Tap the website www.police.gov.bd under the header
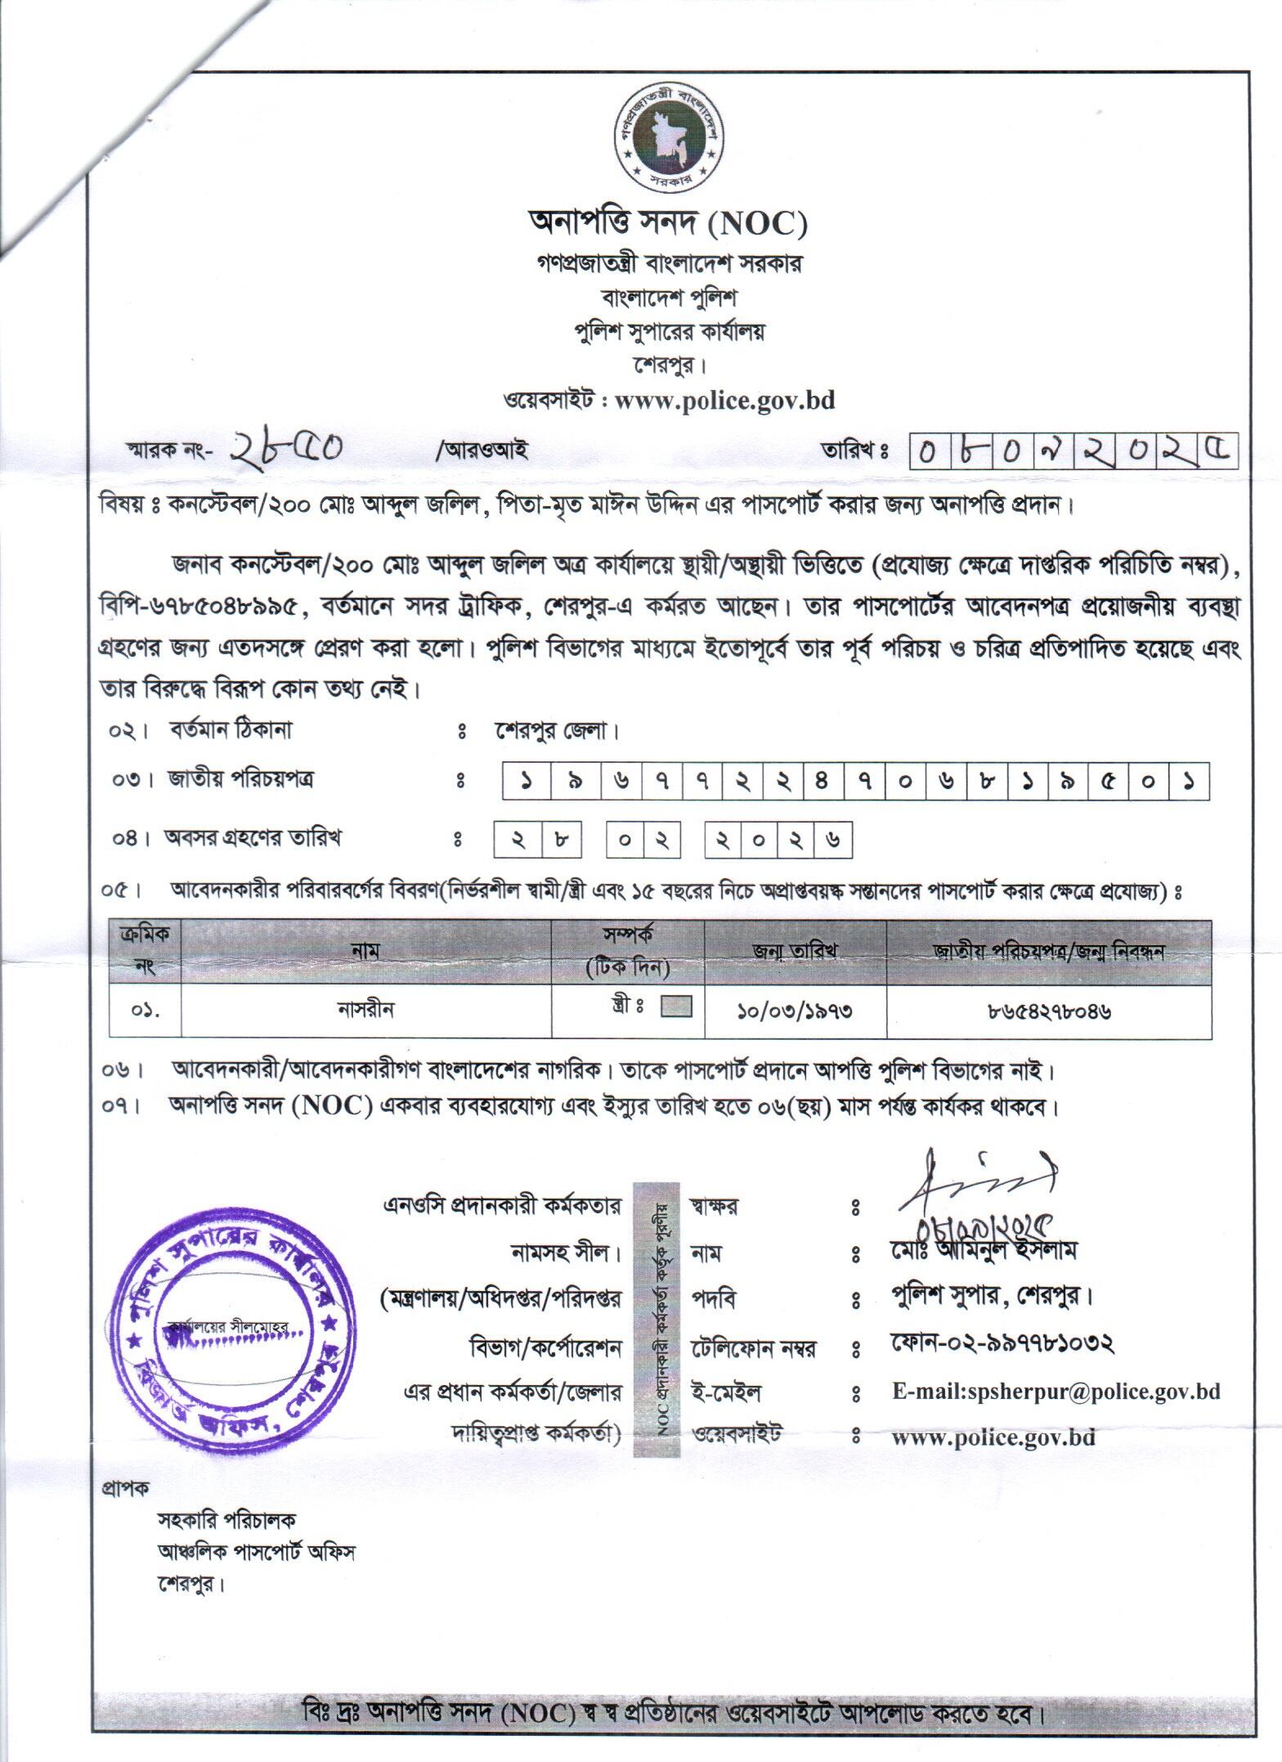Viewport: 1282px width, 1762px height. pos(724,401)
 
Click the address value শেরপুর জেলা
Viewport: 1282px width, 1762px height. pos(556,731)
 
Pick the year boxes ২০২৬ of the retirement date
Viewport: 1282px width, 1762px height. pos(778,841)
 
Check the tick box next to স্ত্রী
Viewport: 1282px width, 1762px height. pos(675,1007)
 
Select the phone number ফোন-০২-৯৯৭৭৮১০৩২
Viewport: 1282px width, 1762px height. pos(1003,1343)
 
